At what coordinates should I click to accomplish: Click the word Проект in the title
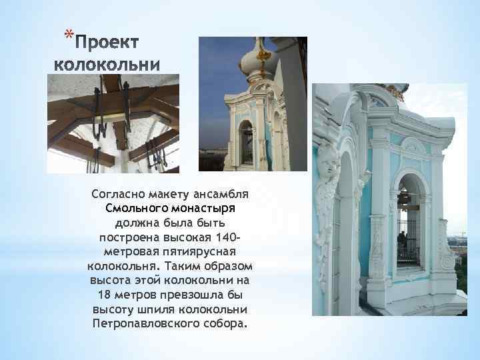(x=107, y=43)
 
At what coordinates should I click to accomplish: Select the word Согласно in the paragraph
(x=117, y=195)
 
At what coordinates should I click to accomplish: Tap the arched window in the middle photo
(x=246, y=143)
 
